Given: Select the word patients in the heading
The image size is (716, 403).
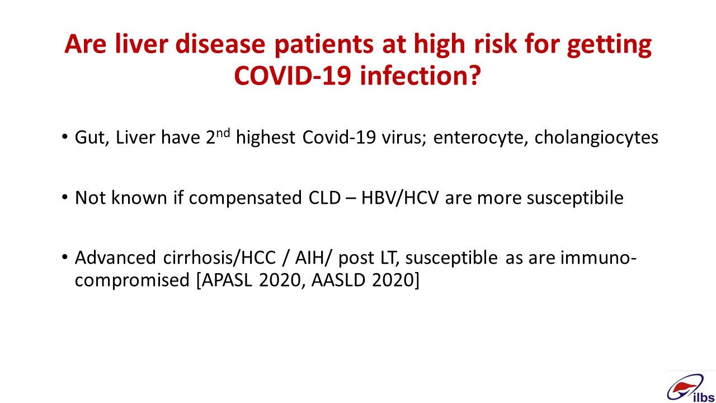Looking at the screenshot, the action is [324, 45].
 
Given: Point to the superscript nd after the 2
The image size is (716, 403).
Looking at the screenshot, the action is [223, 132].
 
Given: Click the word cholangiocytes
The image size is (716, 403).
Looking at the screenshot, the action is [596, 138].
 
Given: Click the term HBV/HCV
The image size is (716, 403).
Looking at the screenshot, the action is [400, 198].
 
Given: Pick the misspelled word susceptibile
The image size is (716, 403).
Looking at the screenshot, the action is [575, 198].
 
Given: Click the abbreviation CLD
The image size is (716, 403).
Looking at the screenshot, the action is [324, 198].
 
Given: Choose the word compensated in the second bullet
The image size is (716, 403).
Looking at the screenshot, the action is [245, 198].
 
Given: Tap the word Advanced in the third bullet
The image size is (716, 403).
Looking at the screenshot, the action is [115, 257].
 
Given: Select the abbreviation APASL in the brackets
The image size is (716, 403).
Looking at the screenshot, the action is [227, 280].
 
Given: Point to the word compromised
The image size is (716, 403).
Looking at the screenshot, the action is [133, 281].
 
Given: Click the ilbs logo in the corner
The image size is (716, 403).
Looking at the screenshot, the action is [690, 388].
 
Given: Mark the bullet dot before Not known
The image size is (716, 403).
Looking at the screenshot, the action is [65, 198].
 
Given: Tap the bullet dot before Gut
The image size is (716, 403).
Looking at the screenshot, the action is [65, 137].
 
